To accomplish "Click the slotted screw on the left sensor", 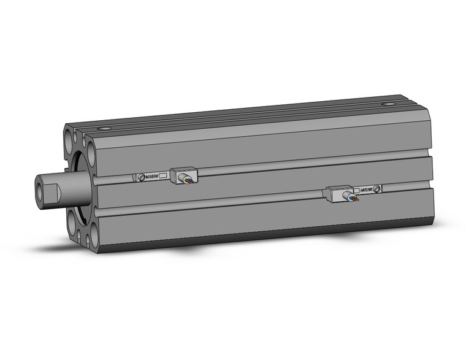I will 142,177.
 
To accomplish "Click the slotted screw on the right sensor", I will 378,189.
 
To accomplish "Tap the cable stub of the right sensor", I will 354,197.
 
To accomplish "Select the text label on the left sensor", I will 152,177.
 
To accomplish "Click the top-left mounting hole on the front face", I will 68,134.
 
